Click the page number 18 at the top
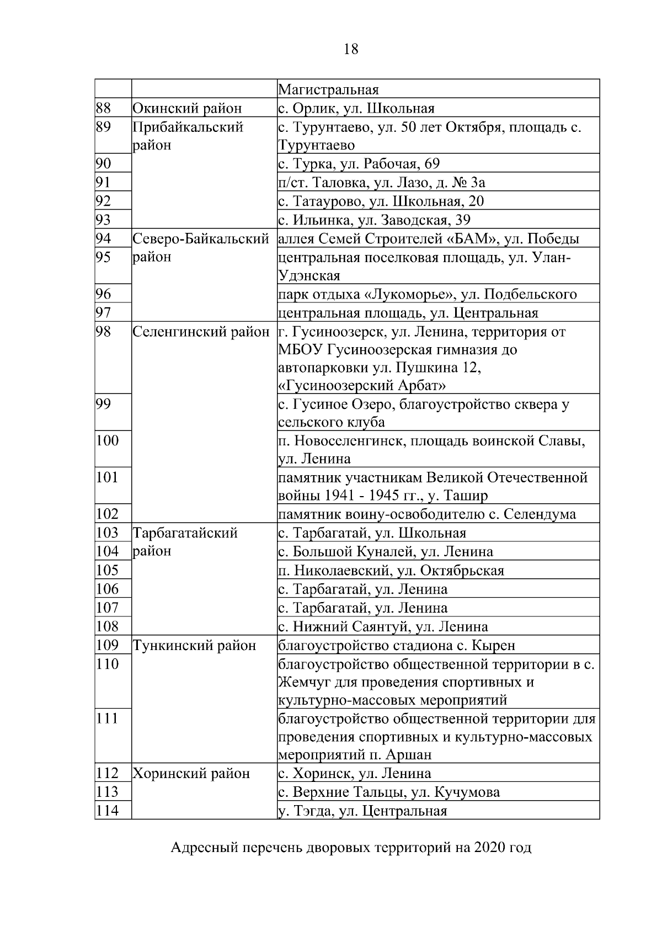350,49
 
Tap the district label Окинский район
187,108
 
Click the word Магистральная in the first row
328,89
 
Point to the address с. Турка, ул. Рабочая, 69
359,164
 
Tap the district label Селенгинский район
201,332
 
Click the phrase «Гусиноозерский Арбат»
362,385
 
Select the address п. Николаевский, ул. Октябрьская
391,570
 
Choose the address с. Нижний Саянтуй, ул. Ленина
383,626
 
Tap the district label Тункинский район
195,645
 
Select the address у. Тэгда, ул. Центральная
362,811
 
